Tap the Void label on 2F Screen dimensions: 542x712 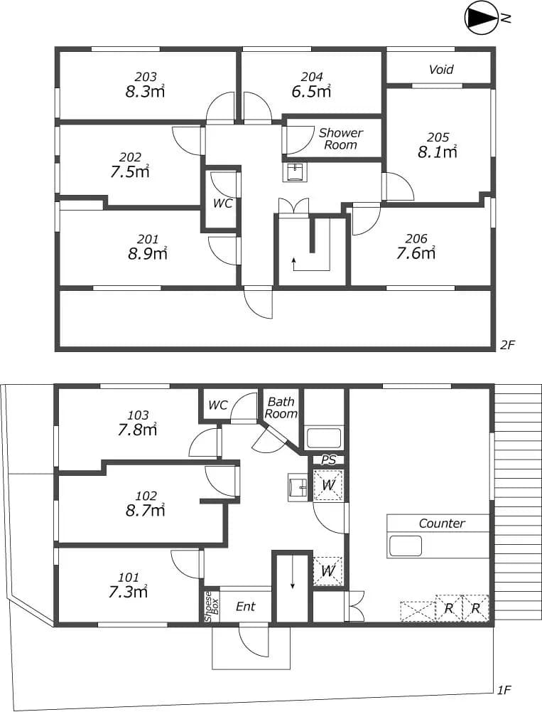coord(441,70)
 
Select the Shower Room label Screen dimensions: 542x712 coord(341,139)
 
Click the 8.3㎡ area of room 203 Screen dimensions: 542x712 coord(145,92)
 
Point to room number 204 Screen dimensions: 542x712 coord(312,77)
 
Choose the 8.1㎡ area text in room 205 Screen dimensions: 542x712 coord(438,152)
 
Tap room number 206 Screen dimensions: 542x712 coord(416,238)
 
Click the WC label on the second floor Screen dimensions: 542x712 coord(223,203)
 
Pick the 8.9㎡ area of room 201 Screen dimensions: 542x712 coord(148,253)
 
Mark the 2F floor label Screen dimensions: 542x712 coord(507,345)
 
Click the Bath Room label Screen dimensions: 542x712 coord(281,408)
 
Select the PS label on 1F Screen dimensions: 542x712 coord(328,460)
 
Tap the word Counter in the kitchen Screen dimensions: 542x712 coord(442,524)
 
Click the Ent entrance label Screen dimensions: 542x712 coord(245,607)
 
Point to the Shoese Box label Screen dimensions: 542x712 coord(212,606)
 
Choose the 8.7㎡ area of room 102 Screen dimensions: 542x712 coord(145,511)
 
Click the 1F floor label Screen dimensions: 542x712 coord(504,690)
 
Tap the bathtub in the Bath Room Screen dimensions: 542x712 coord(324,438)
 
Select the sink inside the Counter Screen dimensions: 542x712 coord(406,546)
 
